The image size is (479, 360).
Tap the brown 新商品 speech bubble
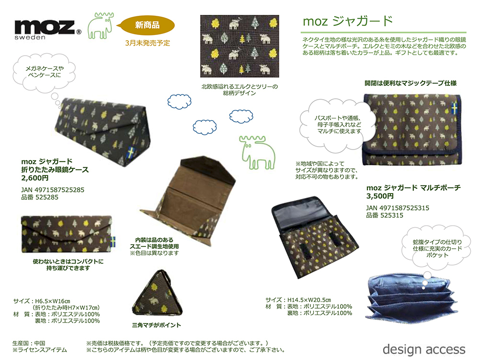pyautogui.click(x=147, y=24)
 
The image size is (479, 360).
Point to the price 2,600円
pyautogui.click(x=35, y=177)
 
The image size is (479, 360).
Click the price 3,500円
pyautogui.click(x=380, y=196)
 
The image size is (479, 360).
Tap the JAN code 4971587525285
pyautogui.click(x=53, y=190)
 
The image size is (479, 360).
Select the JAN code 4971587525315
pyautogui.click(x=398, y=208)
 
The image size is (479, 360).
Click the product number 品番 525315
pyautogui.click(x=384, y=216)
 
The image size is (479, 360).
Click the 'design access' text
pyautogui.click(x=424, y=348)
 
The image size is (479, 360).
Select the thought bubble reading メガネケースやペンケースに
pyautogui.click(x=44, y=72)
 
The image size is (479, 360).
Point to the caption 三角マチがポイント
pyautogui.click(x=156, y=325)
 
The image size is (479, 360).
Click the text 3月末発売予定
pyautogui.click(x=148, y=43)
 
